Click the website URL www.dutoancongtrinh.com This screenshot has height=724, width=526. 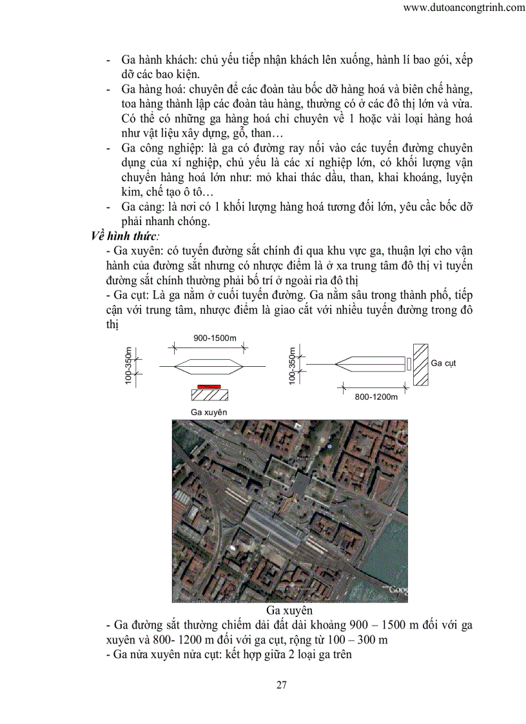point(463,8)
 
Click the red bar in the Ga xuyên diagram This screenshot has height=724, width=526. point(208,385)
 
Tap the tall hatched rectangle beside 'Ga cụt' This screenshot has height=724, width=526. point(421,365)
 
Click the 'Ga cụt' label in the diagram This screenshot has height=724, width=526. point(443,363)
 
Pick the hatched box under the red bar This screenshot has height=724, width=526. point(208,393)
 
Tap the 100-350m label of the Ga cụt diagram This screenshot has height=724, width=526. point(293,366)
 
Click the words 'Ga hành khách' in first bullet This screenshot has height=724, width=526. point(155,60)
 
